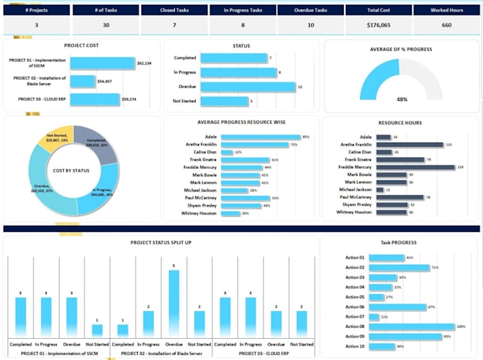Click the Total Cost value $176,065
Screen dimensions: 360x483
pos(377,26)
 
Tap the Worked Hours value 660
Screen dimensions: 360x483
pos(446,26)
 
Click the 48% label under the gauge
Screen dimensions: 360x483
pos(401,99)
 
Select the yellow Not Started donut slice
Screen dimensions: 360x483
pos(56,138)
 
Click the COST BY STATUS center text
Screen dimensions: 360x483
pos(73,170)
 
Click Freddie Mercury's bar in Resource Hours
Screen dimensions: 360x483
pos(415,168)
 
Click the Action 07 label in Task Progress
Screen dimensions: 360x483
pos(354,317)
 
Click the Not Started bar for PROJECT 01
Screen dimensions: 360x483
pos(97,330)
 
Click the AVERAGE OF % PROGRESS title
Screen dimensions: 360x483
pos(401,49)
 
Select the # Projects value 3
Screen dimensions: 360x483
pos(36,26)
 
